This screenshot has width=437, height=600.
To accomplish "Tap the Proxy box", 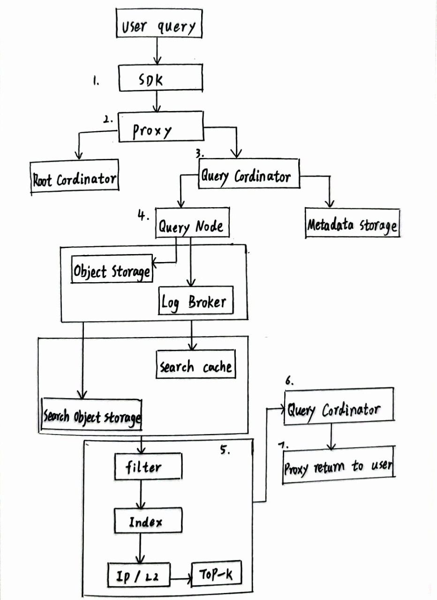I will (x=160, y=127).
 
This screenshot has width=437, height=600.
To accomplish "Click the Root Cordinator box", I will (x=74, y=175).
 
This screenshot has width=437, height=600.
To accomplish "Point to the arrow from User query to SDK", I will (x=158, y=51).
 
